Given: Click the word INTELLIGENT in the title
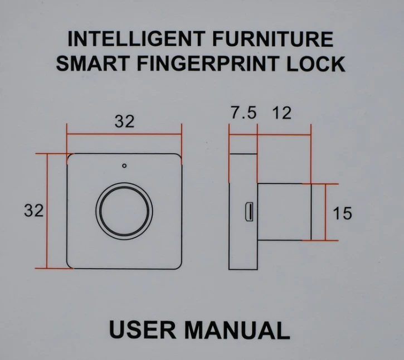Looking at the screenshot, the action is pyautogui.click(x=137, y=39).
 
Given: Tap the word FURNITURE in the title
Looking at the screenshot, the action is pyautogui.click(x=273, y=39).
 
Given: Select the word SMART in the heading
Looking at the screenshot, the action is pyautogui.click(x=93, y=64).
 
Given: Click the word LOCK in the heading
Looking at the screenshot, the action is pyautogui.click(x=316, y=64).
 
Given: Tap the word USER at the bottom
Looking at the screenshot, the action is pyautogui.click(x=143, y=330).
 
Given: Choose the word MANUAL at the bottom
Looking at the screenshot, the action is pyautogui.click(x=237, y=330).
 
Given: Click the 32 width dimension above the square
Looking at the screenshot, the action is pyautogui.click(x=125, y=121).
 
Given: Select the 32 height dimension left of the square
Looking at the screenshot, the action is pyautogui.click(x=34, y=210).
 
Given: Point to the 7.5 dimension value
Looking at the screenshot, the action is pyautogui.click(x=244, y=113).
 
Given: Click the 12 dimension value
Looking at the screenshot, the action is pyautogui.click(x=281, y=113).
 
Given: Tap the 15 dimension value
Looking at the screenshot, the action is pyautogui.click(x=342, y=213).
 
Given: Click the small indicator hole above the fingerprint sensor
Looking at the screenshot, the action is pyautogui.click(x=124, y=166).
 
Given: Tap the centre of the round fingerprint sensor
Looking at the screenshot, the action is pyautogui.click(x=124, y=211).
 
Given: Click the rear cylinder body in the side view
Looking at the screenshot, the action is pyautogui.click(x=284, y=212).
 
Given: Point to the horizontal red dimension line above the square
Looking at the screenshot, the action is pyautogui.click(x=124, y=134).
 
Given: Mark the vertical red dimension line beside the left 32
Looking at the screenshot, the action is pyautogui.click(x=47, y=211).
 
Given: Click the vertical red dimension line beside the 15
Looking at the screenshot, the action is pyautogui.click(x=325, y=212).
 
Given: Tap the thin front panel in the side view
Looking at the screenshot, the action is pyautogui.click(x=243, y=212).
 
